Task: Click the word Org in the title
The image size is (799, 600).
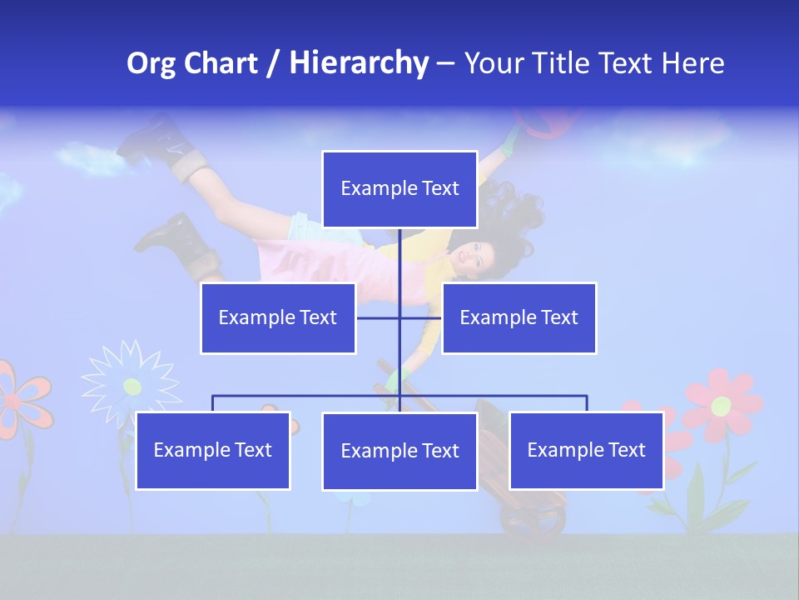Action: pos(151,63)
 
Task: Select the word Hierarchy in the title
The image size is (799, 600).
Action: pos(358,63)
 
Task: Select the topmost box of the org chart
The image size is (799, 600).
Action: pos(399,189)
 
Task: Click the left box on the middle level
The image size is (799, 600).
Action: pos(278,317)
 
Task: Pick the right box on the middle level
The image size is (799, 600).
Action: pos(519,317)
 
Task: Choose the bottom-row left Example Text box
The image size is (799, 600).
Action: pos(213,450)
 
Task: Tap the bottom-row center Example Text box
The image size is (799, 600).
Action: pos(399,451)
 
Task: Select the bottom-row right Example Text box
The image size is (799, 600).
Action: pos(586,450)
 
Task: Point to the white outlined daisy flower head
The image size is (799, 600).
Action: pos(131,384)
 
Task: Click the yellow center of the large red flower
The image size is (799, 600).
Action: pos(721,406)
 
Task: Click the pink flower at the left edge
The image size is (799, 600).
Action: pos(18,398)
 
